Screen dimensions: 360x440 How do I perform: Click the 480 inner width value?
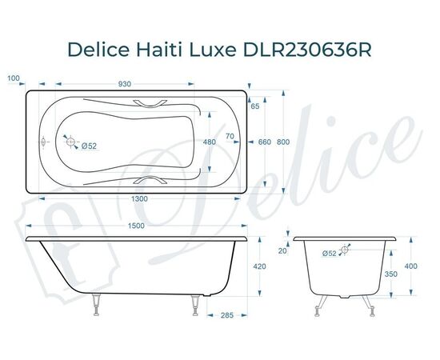coord(210,142)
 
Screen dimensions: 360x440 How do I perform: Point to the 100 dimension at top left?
coord(13,78)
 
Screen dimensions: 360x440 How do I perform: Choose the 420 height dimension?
coord(259,266)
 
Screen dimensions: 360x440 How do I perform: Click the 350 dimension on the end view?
coord(391,274)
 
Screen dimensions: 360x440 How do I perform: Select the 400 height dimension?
coord(411,266)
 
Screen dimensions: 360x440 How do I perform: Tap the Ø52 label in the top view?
coord(89,145)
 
